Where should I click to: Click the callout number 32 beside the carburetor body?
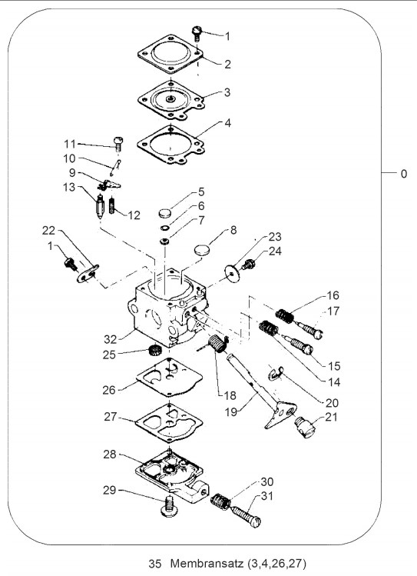click(x=110, y=339)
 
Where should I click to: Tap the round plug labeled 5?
click(x=165, y=212)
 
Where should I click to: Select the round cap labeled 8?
click(x=202, y=249)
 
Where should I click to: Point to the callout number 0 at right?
click(x=404, y=173)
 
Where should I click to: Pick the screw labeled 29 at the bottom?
click(x=169, y=506)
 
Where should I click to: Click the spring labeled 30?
click(x=221, y=501)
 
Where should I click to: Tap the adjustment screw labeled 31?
click(x=246, y=516)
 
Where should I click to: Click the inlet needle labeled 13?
click(x=99, y=207)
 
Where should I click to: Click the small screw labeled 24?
click(x=248, y=264)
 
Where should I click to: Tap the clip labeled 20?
click(x=275, y=374)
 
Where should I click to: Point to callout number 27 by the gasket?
click(x=111, y=417)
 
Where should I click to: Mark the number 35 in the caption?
click(x=154, y=563)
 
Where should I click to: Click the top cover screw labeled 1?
click(x=197, y=32)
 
